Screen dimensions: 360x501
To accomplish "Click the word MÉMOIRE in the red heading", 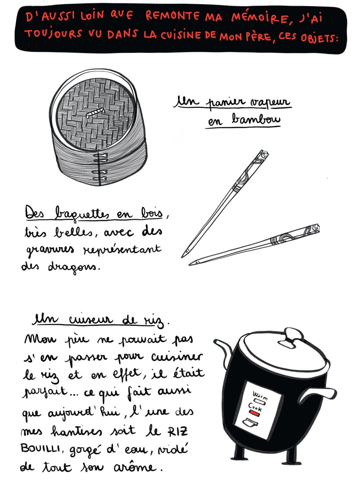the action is pyautogui.click(x=260, y=18).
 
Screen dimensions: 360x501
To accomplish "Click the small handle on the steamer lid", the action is pyautogui.click(x=95, y=112).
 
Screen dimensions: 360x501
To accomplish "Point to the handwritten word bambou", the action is pyautogui.click(x=256, y=120).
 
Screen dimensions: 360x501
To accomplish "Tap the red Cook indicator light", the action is pyautogui.click(x=255, y=413).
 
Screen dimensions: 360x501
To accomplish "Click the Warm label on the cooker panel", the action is pyautogui.click(x=261, y=395).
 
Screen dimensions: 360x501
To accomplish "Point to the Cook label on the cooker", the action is pyautogui.click(x=255, y=407).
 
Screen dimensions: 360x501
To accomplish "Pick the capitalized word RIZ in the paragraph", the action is pyautogui.click(x=178, y=431).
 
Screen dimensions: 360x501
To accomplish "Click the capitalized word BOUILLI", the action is pyautogui.click(x=40, y=449).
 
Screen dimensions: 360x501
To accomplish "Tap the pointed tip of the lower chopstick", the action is pyautogui.click(x=191, y=264).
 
